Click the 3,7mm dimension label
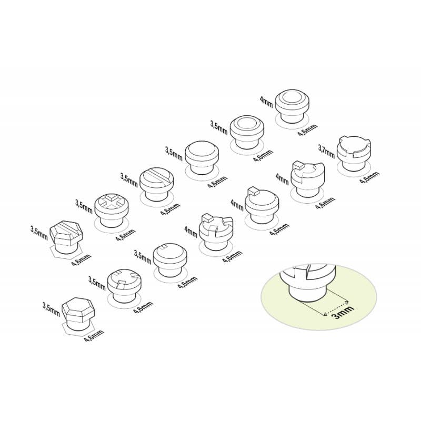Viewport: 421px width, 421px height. tap(326, 152)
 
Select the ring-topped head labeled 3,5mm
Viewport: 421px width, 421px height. tap(247, 133)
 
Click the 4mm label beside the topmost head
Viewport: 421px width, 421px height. tap(266, 102)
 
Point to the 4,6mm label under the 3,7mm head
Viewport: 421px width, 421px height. tap(369, 177)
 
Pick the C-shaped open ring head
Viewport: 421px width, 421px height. tap(308, 178)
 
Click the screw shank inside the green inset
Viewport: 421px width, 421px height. tap(307, 292)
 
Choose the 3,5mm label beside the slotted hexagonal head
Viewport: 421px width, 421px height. tap(39, 233)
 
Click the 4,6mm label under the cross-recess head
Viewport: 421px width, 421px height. tap(126, 235)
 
